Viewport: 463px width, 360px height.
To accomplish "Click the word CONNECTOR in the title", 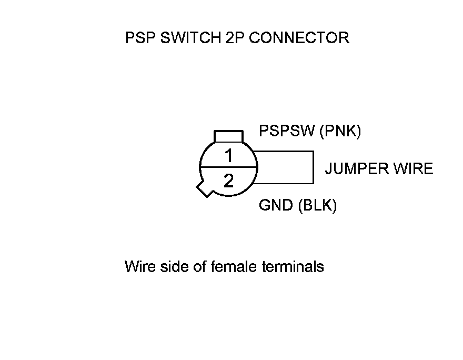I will pyautogui.click(x=299, y=38).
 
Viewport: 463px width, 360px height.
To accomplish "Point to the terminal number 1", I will pyautogui.click(x=228, y=156).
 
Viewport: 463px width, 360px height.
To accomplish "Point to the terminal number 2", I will pyautogui.click(x=228, y=182).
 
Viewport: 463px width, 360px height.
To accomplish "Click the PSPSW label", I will pyautogui.click(x=287, y=131).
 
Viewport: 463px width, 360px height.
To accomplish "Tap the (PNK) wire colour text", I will pyautogui.click(x=340, y=131).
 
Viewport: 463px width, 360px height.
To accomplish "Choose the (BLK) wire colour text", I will pyautogui.click(x=317, y=205).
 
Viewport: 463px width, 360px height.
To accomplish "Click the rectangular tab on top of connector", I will pyautogui.click(x=228, y=136).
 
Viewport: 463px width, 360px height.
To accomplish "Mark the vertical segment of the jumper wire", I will pyautogui.click(x=314, y=168).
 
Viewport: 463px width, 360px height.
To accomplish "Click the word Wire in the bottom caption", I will pyautogui.click(x=138, y=267).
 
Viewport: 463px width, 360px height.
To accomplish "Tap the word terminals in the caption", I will pyautogui.click(x=293, y=267).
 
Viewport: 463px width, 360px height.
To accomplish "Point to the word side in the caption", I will pyautogui.click(x=172, y=267).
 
